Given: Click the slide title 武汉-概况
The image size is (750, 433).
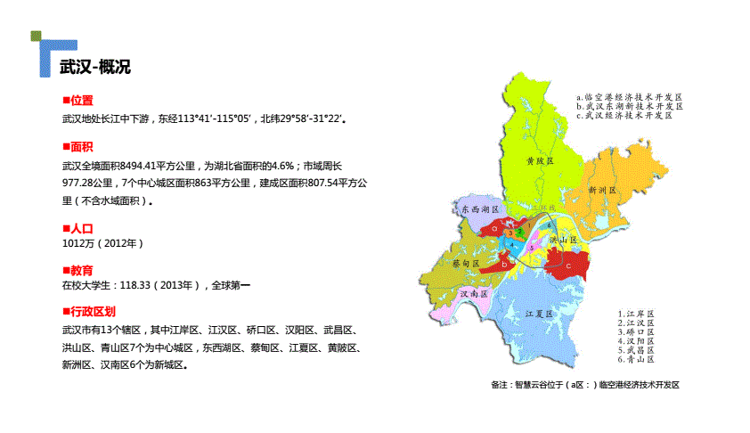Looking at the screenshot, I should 94,68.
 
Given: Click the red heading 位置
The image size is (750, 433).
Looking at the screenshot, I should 82,101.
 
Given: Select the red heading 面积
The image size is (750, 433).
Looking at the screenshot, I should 82,147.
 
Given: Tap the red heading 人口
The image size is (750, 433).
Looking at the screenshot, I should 82,229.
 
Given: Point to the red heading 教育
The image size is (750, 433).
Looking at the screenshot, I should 82,269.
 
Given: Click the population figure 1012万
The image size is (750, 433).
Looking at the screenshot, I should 78,242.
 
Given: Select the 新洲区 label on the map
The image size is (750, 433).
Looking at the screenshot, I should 603,190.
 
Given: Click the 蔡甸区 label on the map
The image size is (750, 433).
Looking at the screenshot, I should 464,265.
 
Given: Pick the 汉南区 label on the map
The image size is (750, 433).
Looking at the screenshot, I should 471,293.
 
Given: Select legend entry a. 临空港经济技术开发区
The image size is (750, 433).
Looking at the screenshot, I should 628,95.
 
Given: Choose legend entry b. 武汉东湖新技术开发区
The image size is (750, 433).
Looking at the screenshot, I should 628,105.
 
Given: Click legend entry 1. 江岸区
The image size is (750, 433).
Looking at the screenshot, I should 636,314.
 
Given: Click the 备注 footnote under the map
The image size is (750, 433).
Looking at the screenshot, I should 584,385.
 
